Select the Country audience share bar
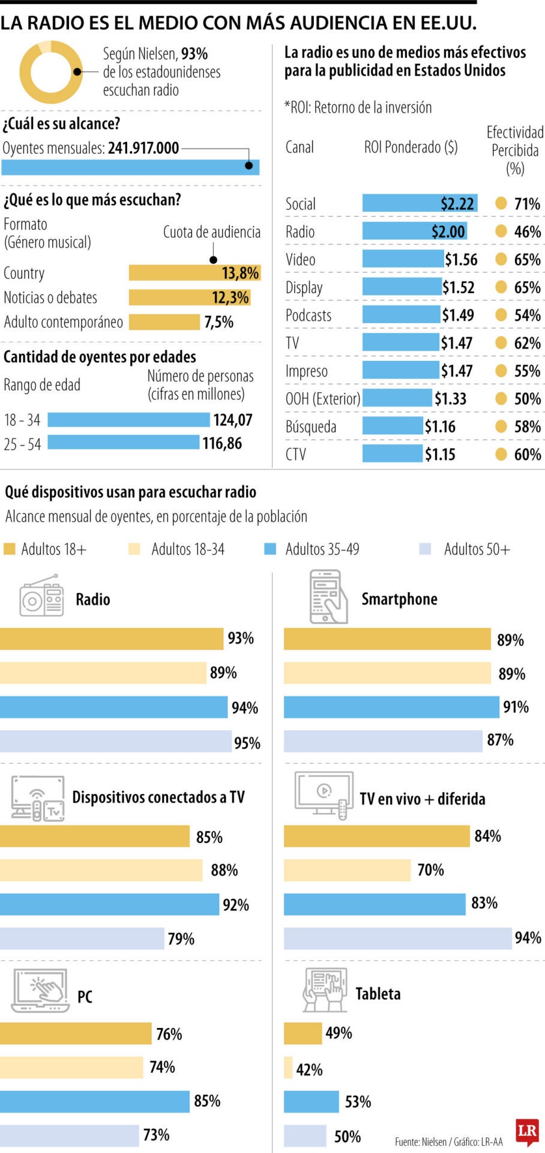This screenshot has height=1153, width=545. pos(194,273)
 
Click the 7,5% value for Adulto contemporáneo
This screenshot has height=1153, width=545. pos(218,322)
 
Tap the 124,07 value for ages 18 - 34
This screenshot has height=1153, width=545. pos(233,420)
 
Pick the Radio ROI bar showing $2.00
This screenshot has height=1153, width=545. pos(414,232)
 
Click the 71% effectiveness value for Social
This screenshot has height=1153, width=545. pos(527,204)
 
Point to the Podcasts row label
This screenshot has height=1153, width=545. pos(309,315)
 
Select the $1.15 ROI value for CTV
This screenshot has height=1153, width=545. pos(440,455)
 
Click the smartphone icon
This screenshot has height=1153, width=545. pos(328,597)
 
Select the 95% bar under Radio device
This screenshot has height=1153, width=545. pos(115,742)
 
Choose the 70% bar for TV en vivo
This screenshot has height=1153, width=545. pos(347,870)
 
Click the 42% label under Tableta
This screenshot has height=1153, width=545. pos(309,1070)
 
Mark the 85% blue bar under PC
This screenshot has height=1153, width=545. pos(94,1101)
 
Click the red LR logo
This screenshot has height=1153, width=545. pos(526,1131)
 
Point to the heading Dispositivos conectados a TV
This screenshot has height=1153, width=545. pos(158,797)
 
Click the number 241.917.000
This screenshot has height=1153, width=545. pos(143,148)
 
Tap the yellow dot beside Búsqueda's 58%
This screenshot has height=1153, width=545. pos(501,426)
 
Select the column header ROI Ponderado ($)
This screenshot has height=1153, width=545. pos(411,147)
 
